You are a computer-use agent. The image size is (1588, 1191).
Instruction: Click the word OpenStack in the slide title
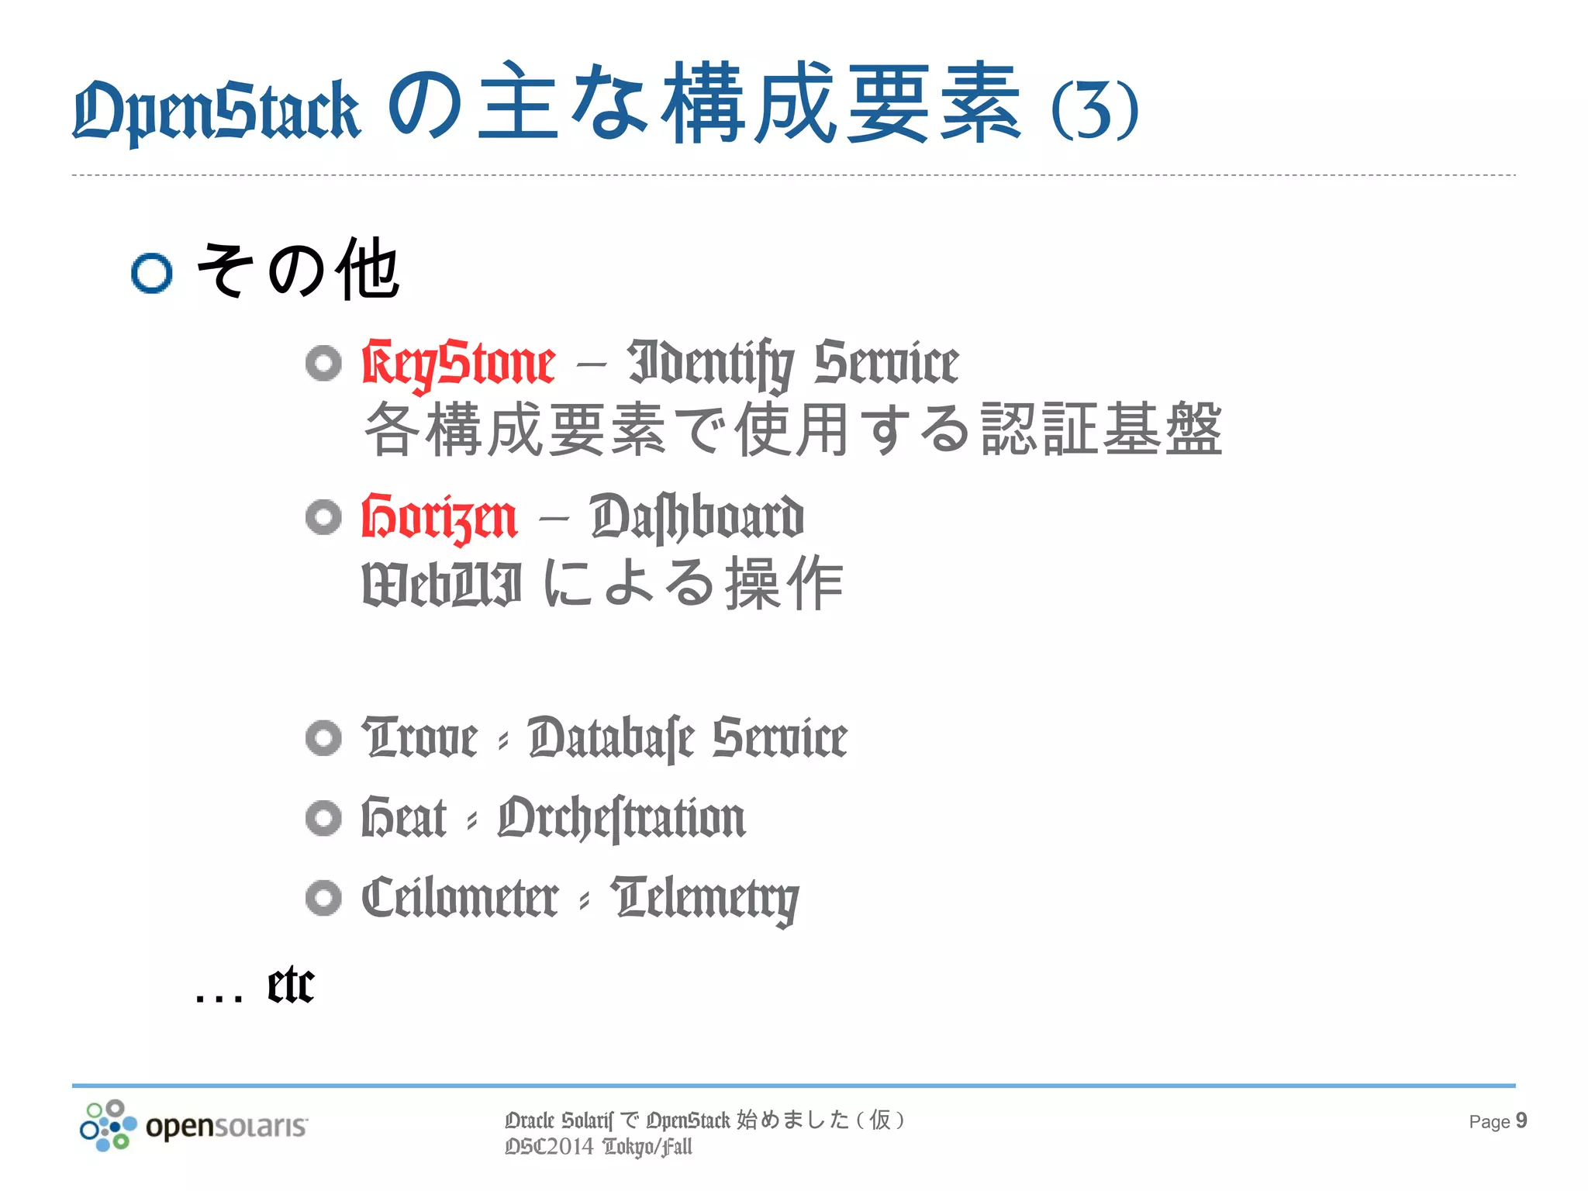coord(216,110)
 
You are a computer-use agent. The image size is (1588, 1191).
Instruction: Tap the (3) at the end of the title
coord(1095,110)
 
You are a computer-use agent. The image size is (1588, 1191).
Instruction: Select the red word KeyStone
coord(458,363)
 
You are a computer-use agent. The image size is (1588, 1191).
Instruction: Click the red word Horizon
coord(439,517)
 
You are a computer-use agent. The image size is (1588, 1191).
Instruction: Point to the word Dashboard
coord(696,517)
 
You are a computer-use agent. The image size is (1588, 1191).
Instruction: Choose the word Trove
coord(419,737)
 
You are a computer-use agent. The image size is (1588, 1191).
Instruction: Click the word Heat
coord(404,818)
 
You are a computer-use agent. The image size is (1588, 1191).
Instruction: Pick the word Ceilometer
coord(460,899)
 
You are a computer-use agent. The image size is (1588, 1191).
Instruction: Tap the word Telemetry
coord(704,899)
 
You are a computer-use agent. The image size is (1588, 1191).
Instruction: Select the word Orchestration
coord(621,818)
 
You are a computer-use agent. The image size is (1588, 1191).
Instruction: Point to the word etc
coord(291,986)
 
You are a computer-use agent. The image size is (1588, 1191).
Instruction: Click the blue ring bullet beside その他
coord(151,273)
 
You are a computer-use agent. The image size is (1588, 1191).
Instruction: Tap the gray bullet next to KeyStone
coord(323,363)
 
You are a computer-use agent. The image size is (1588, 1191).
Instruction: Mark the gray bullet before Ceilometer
coord(323,898)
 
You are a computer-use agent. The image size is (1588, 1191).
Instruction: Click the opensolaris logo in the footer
coord(194,1125)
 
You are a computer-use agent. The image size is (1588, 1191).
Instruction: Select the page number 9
coord(1521,1120)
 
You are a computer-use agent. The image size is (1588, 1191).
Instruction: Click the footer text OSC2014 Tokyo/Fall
coord(598,1147)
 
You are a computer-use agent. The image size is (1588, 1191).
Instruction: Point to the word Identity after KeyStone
coord(710,363)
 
